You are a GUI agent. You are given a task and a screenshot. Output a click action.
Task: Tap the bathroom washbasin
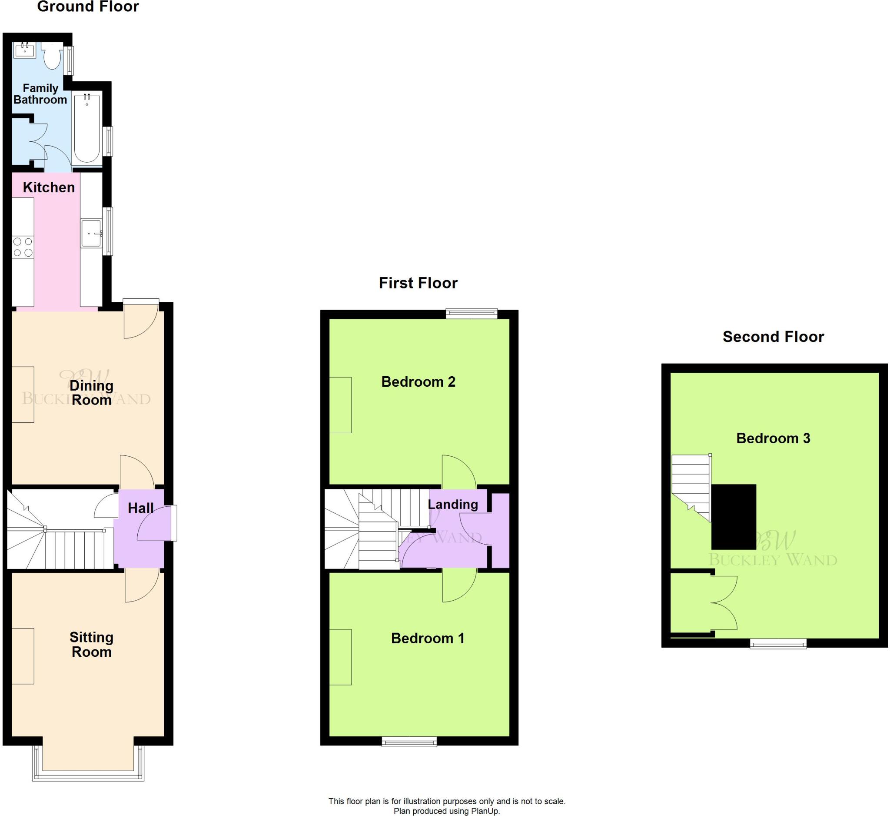click(24, 50)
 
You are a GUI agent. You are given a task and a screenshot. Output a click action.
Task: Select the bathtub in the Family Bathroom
click(87, 128)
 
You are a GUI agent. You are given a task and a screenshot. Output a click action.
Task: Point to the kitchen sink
click(91, 233)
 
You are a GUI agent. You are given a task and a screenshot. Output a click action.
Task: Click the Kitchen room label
click(49, 187)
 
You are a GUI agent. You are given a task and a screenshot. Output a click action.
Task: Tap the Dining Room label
click(91, 393)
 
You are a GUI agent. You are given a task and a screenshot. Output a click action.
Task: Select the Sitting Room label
click(91, 645)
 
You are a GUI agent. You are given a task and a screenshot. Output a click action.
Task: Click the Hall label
click(140, 508)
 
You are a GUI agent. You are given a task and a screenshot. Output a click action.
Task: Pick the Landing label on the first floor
click(453, 504)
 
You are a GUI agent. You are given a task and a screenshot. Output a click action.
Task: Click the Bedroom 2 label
click(418, 382)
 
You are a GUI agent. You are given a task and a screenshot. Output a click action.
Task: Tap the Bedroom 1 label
click(427, 639)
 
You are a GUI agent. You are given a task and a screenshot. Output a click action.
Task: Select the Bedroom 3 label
click(773, 438)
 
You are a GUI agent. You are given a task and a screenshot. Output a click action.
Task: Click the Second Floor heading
click(773, 337)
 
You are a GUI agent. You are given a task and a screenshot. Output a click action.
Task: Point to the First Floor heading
click(418, 283)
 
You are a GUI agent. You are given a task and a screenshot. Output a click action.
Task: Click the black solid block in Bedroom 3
click(734, 517)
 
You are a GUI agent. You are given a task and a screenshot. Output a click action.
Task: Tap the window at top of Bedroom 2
click(472, 314)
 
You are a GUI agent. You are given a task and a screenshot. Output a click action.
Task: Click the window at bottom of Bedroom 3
click(778, 644)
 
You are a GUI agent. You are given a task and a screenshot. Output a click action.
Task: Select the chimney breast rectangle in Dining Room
click(23, 395)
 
